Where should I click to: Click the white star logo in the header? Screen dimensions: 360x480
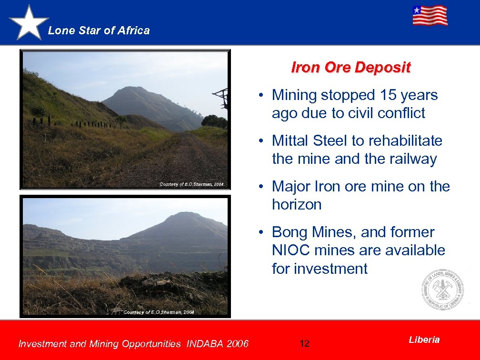tap(29, 23)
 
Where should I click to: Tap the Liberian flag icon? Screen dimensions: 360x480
tap(430, 16)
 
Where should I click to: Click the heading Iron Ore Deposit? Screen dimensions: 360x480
tap(350, 68)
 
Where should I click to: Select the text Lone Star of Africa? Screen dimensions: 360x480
tap(99, 30)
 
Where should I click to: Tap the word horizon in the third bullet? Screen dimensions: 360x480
tap(296, 205)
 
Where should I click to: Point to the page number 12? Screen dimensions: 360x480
tap(305, 343)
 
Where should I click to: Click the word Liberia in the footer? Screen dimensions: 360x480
tap(424, 340)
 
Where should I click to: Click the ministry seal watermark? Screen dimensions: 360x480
tap(442, 290)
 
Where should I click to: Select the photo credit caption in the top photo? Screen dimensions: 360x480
tap(191, 184)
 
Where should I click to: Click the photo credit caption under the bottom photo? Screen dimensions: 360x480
tap(159, 312)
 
